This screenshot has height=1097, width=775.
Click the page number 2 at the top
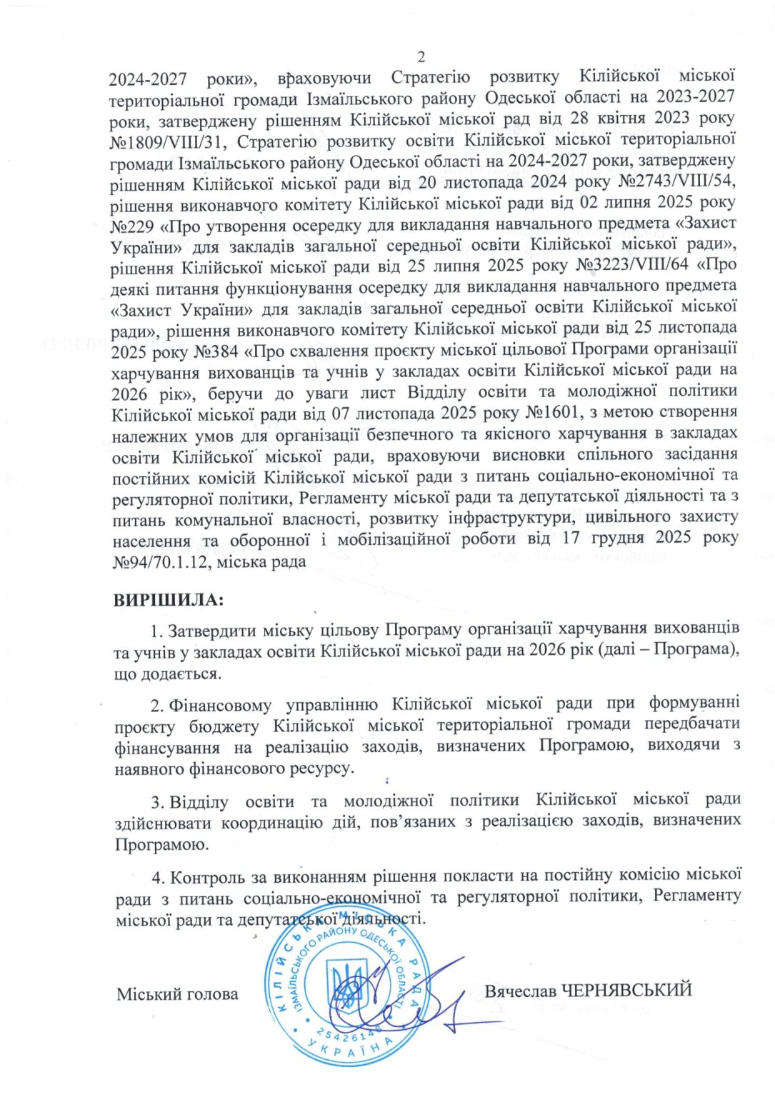[421, 57]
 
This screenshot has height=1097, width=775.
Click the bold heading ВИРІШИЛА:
[169, 600]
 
